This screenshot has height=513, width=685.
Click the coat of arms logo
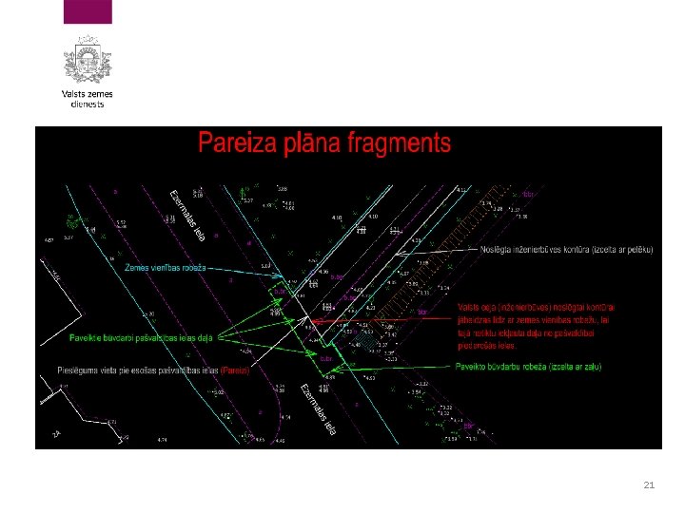(88, 60)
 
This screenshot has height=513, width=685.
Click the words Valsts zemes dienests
(88, 99)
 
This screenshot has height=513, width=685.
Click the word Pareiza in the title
(239, 143)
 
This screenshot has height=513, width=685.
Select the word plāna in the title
(308, 143)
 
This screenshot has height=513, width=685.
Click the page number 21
(649, 485)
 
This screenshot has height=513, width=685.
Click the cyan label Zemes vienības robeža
(168, 267)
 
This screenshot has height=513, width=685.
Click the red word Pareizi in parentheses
(234, 370)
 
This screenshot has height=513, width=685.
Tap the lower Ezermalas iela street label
(318, 409)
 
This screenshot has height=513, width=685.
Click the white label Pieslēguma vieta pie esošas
(132, 370)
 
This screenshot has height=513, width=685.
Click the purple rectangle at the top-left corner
(88, 11)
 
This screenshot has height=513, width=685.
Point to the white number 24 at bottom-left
(55, 434)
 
